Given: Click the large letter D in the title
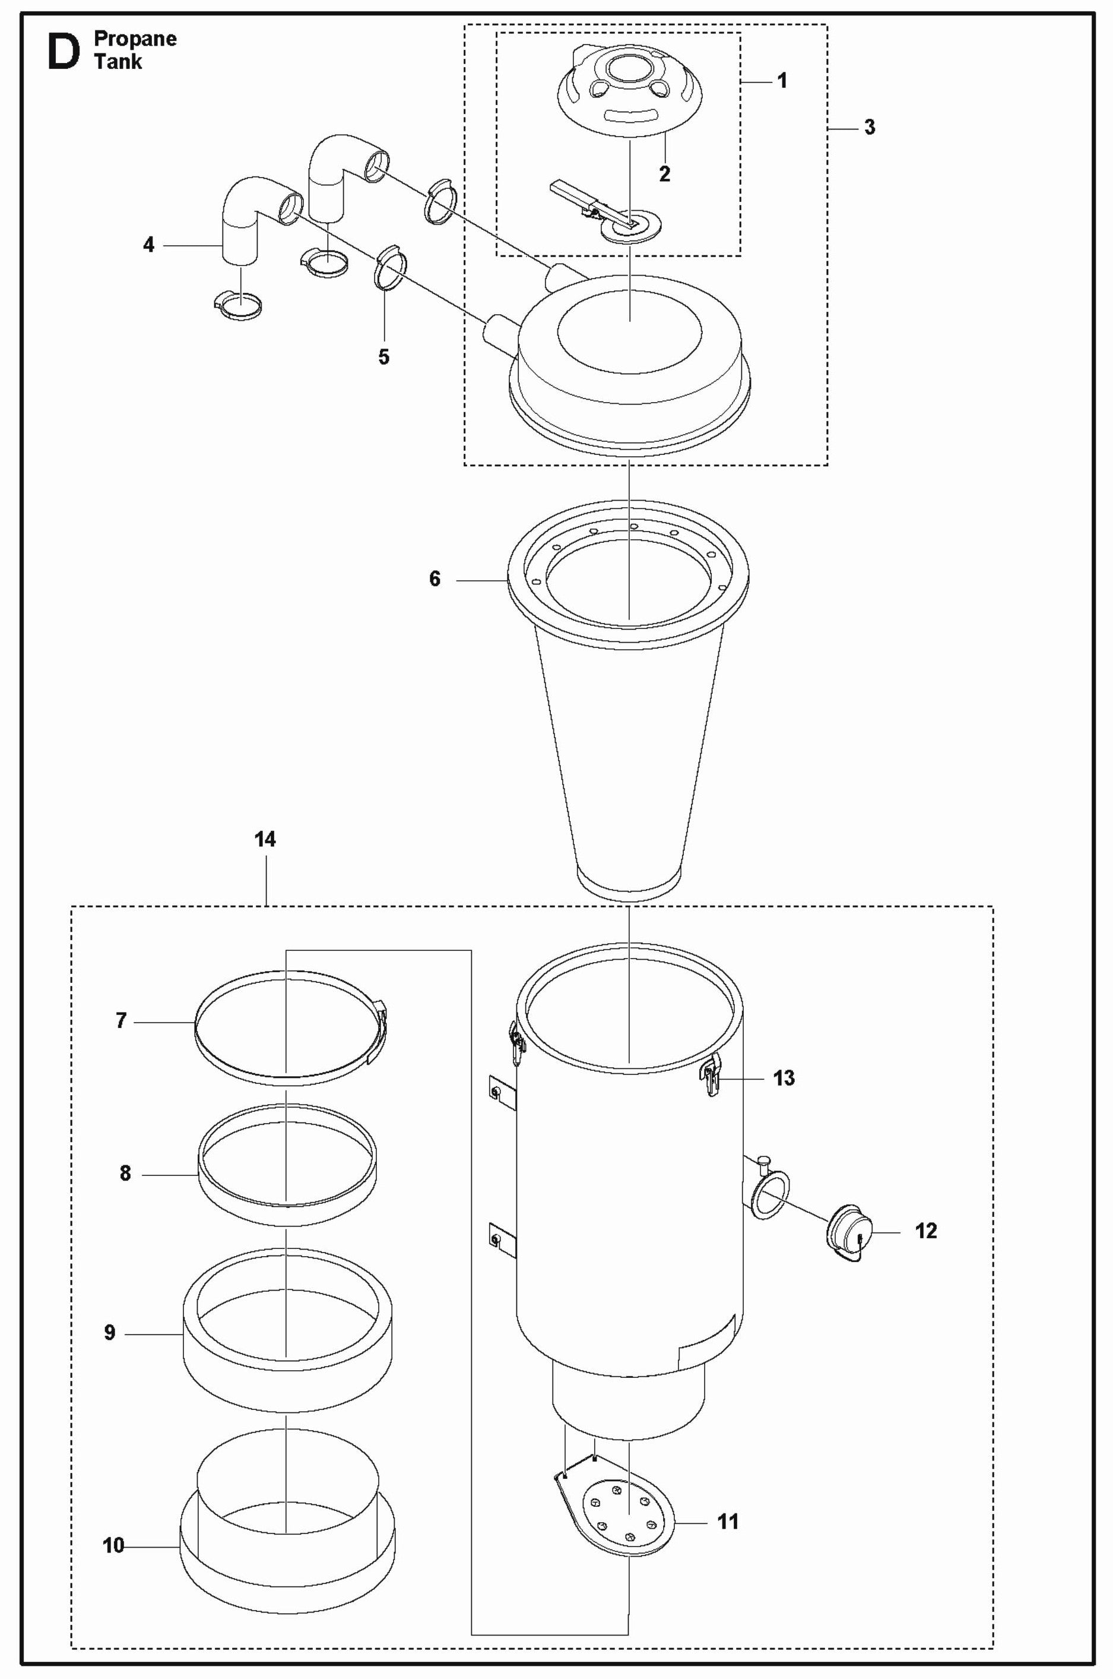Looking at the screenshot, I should [x=62, y=52].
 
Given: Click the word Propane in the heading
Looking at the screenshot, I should [x=135, y=39].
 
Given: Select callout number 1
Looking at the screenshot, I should [x=782, y=81].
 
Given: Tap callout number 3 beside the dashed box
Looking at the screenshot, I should [x=869, y=128].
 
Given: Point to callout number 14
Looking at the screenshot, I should [x=265, y=840].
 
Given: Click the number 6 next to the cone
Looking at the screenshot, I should [x=435, y=579].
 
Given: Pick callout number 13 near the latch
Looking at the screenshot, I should [x=784, y=1078].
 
